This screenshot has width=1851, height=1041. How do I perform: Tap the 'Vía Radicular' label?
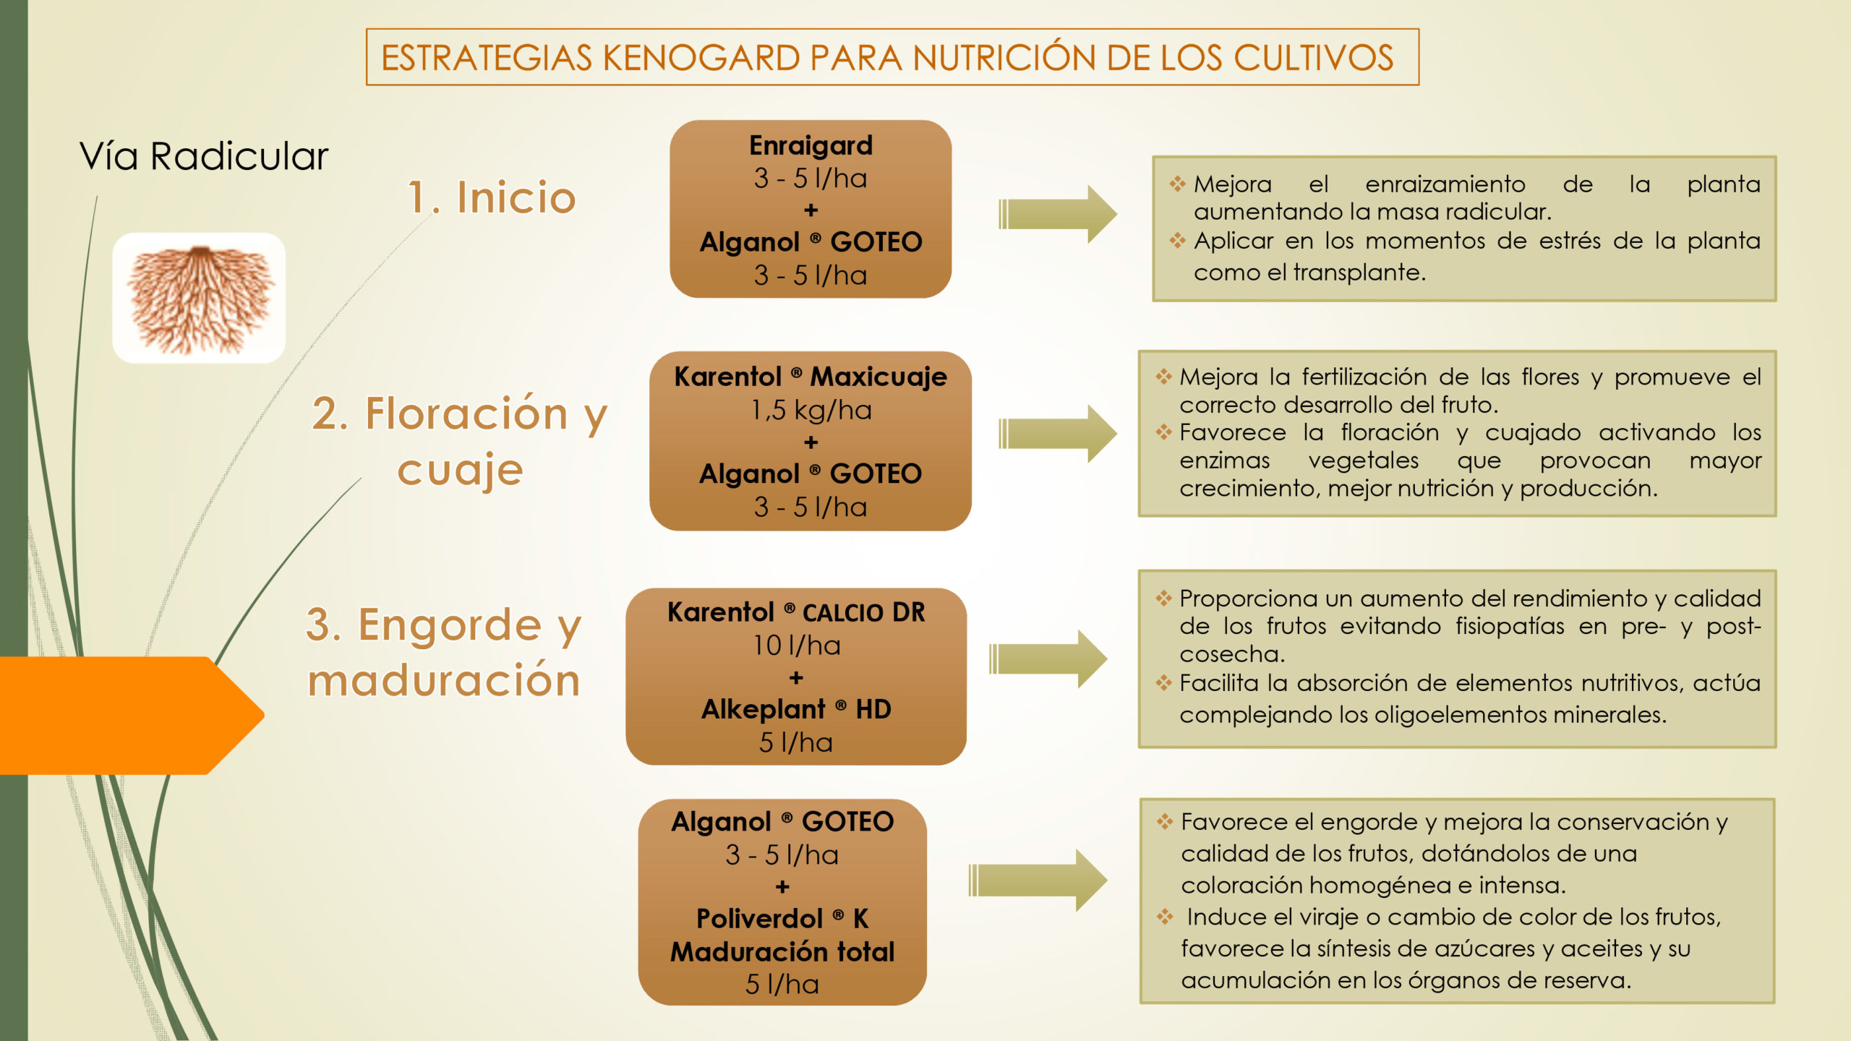click(x=204, y=156)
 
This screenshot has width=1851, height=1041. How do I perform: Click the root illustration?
click(x=199, y=298)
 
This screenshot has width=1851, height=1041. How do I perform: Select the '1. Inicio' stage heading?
click(x=492, y=197)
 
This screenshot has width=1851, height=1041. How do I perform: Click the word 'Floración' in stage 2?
click(x=466, y=414)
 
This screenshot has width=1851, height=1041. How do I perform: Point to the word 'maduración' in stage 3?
click(x=444, y=680)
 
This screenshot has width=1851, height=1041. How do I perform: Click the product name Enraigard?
click(x=811, y=145)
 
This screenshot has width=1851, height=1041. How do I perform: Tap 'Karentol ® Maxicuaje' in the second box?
click(x=811, y=377)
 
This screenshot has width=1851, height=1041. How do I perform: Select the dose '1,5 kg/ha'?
click(x=811, y=410)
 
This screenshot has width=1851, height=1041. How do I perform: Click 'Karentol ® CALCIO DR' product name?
click(x=796, y=612)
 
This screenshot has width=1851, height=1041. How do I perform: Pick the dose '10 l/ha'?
click(x=796, y=645)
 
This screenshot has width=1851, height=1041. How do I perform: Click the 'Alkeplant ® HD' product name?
click(x=796, y=709)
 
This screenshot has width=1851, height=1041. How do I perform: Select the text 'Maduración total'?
click(x=782, y=951)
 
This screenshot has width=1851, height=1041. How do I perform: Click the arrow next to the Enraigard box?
click(x=1057, y=214)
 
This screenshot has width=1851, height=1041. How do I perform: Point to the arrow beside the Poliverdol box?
click(x=1038, y=880)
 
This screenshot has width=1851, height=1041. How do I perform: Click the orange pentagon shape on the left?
click(x=130, y=715)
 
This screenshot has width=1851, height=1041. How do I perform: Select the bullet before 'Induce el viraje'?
click(x=1164, y=917)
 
